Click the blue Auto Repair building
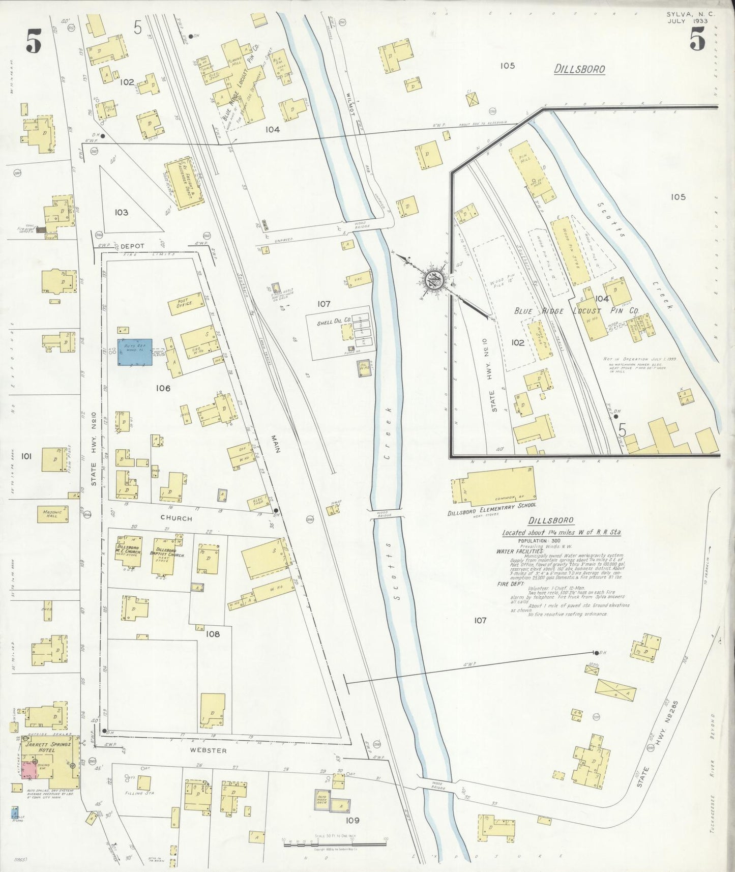(135, 352)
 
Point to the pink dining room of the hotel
(30, 770)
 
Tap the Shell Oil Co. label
(334, 322)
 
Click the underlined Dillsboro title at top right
(579, 69)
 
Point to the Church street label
(176, 518)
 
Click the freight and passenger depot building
(185, 183)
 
